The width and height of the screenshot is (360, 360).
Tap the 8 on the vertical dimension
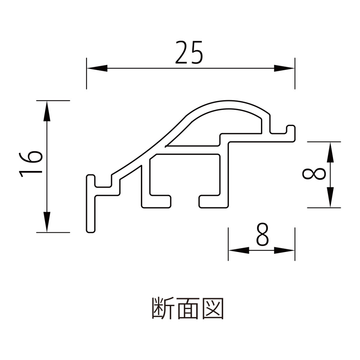click(314, 175)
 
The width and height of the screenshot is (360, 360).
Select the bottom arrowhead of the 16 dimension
click(46, 222)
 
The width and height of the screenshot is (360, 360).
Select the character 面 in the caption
click(188, 308)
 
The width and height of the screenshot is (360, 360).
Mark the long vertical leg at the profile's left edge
click(91, 209)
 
